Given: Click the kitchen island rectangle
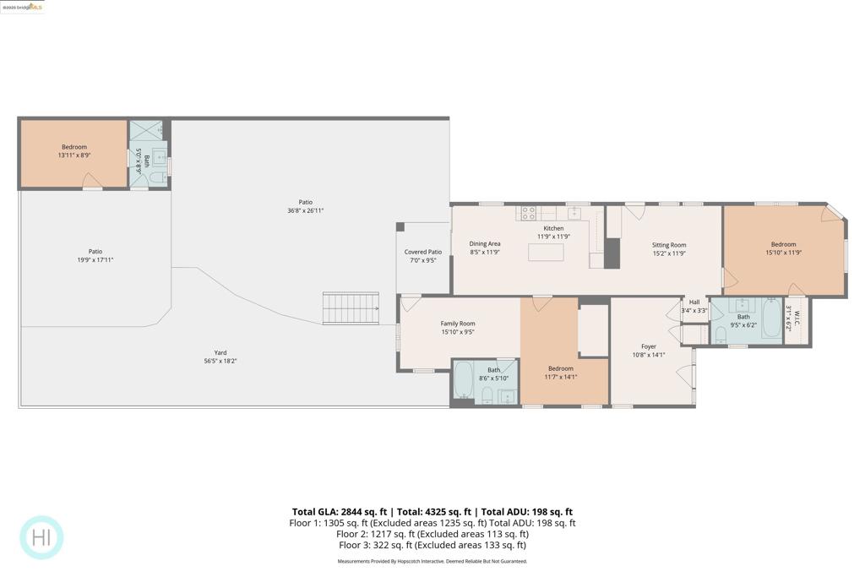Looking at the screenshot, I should point(546,252).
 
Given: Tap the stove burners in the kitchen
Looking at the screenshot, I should point(528,213).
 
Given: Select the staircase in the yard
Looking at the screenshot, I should point(351,308).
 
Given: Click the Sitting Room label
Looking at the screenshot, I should point(669,245).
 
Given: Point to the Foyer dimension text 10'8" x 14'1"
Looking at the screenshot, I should point(648,355).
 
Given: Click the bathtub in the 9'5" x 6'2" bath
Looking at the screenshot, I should point(772,318).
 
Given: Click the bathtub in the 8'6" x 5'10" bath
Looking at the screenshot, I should point(464,382).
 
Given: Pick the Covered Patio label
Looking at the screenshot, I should point(422,252).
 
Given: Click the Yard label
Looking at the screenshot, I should point(220,353).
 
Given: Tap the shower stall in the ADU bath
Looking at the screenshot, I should point(145,131).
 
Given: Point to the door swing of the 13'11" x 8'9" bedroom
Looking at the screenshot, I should point(93,181).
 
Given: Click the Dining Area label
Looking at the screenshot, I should point(485,244).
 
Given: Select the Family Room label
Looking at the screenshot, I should point(458,324).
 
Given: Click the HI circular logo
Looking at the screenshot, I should point(41,537).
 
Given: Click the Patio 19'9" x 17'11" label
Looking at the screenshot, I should point(95,252).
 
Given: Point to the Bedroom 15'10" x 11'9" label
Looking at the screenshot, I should point(783,245).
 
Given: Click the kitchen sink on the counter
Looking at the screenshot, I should point(574,213).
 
